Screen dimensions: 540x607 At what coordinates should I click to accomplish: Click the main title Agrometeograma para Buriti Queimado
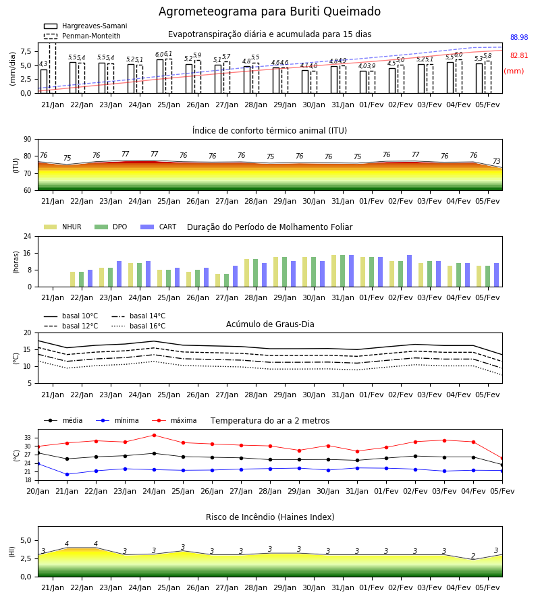pyautogui.click(x=269, y=11)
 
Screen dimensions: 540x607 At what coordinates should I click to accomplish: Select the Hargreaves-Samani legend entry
pyautogui.click(x=85, y=26)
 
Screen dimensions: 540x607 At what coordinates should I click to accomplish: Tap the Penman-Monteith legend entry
pyautogui.click(x=82, y=36)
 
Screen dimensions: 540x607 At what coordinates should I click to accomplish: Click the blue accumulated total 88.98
pyautogui.click(x=519, y=38)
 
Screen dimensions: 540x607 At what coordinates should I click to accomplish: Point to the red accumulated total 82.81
pyautogui.click(x=519, y=56)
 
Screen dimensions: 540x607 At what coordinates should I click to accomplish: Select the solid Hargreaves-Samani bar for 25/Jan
pyautogui.click(x=160, y=76)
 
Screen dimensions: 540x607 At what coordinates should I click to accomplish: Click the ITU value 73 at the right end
pyautogui.click(x=496, y=161)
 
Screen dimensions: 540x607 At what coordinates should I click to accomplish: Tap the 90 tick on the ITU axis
pyautogui.click(x=28, y=140)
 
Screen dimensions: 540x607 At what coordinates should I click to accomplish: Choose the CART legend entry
pyautogui.click(x=158, y=227)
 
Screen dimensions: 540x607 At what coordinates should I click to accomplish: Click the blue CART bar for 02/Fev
pyautogui.click(x=410, y=271)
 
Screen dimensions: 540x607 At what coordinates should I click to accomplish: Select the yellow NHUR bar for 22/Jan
pyautogui.click(x=72, y=279)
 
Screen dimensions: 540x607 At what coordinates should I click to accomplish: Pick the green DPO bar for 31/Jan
pyautogui.click(x=342, y=271)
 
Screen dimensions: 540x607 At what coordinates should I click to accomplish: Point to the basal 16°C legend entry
pyautogui.click(x=138, y=326)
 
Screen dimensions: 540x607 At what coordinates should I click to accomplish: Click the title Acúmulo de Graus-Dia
pyautogui.click(x=270, y=324)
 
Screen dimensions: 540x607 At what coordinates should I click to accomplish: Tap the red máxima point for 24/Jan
pyautogui.click(x=154, y=436)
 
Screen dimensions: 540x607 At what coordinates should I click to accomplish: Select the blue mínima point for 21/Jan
pyautogui.click(x=67, y=475)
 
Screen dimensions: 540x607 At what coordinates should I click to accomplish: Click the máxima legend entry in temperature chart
pyautogui.click(x=174, y=421)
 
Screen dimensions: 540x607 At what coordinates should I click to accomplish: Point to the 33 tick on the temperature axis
pyautogui.click(x=28, y=438)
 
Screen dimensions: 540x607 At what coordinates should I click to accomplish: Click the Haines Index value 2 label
pyautogui.click(x=473, y=556)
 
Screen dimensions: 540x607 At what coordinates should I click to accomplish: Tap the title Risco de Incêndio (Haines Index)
pyautogui.click(x=270, y=517)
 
